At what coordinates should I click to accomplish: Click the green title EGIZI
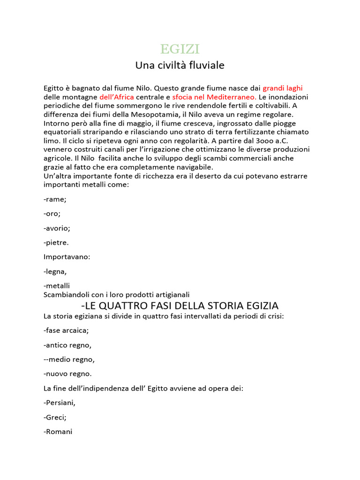coord(180,49)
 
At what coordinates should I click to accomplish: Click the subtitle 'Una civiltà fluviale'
coord(180,65)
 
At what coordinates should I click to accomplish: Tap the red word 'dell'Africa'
coord(117,97)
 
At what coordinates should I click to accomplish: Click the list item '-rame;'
coord(55,199)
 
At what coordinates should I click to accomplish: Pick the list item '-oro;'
coord(52,214)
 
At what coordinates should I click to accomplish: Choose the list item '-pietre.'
coord(56,243)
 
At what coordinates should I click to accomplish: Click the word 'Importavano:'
coord(67,257)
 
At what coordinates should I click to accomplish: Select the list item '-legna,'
coord(55,271)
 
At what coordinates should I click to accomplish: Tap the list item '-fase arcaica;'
coord(66,330)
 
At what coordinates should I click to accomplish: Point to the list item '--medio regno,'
coord(69,360)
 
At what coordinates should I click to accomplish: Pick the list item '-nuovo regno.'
coord(67,374)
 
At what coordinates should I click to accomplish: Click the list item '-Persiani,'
coord(60,403)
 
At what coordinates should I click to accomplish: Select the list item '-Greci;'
coord(55,417)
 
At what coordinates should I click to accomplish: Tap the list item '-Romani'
coord(58,432)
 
